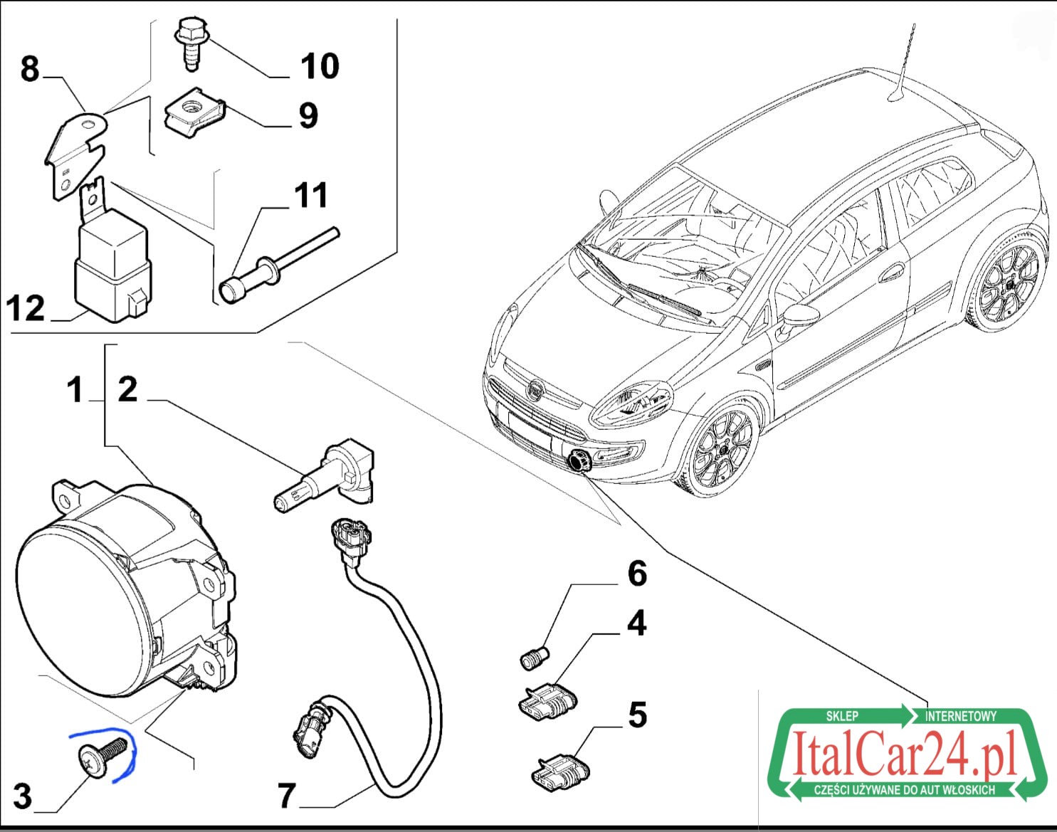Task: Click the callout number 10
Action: (x=320, y=66)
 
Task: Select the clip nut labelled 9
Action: (x=194, y=113)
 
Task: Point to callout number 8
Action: (x=29, y=69)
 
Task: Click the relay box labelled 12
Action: (x=113, y=265)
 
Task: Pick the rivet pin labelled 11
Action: (x=279, y=265)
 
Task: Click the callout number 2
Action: (x=127, y=389)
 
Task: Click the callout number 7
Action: (x=287, y=796)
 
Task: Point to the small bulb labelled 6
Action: (x=534, y=658)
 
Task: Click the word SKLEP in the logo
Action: (x=842, y=716)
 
